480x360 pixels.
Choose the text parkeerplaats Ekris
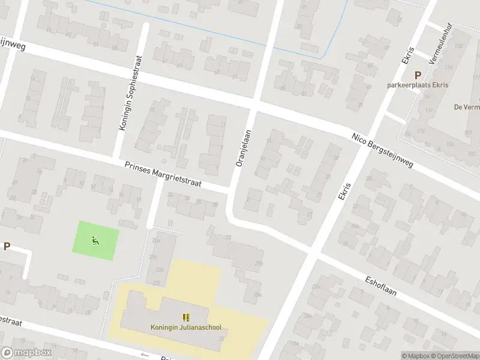(x=418, y=85)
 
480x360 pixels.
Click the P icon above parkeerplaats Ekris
(x=418, y=75)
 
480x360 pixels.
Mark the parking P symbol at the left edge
(x=7, y=246)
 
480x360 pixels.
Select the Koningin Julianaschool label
(x=186, y=327)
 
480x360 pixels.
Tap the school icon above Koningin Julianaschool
(x=186, y=317)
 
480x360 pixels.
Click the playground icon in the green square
(x=95, y=241)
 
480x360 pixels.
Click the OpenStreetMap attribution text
(x=456, y=356)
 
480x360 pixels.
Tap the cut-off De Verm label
(x=467, y=107)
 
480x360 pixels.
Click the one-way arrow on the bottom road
(x=145, y=354)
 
